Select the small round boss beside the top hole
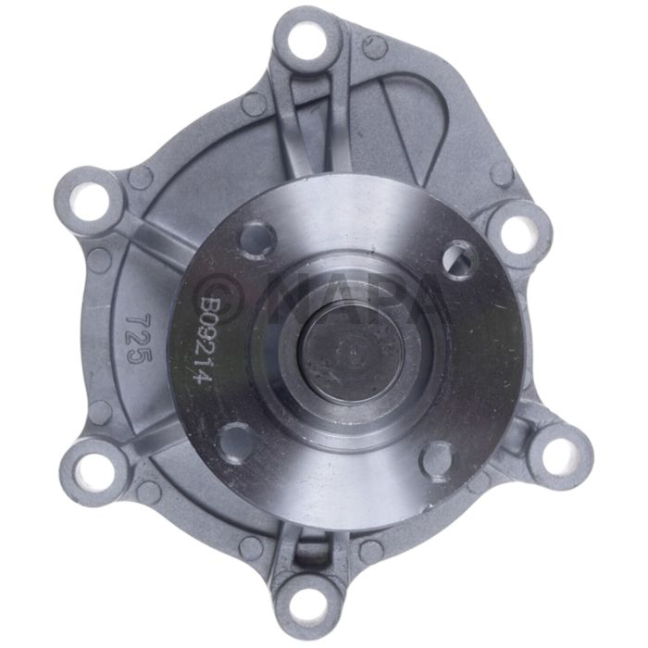[x=374, y=46]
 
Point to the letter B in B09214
[x=211, y=304]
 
